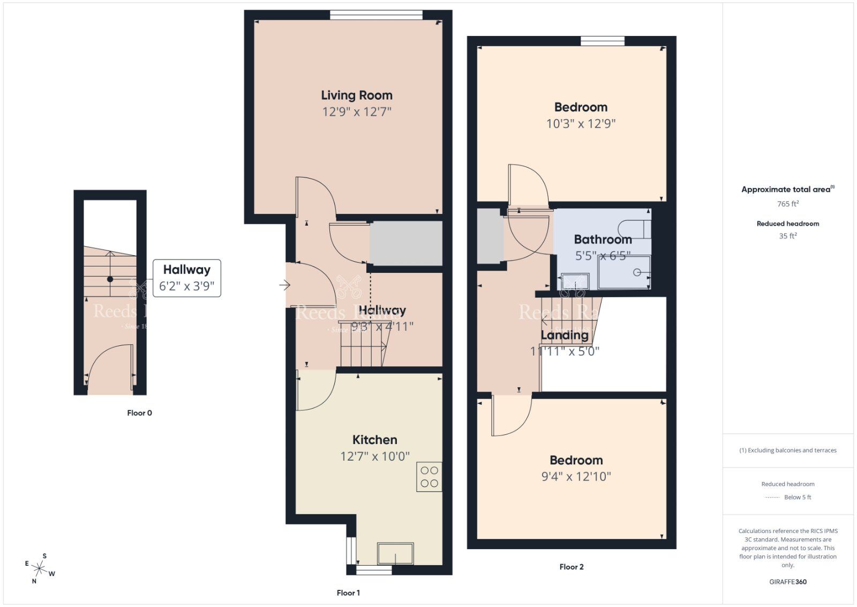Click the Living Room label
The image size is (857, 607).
click(357, 95)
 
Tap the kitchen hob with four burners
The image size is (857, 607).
click(429, 477)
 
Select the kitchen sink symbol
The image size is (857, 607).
click(395, 553)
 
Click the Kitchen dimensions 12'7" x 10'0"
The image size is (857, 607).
click(375, 456)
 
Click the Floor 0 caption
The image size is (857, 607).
click(139, 413)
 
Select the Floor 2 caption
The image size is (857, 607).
click(571, 567)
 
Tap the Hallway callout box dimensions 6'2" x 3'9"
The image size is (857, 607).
click(186, 286)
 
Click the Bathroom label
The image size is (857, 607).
click(603, 239)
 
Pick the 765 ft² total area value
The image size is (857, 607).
click(787, 204)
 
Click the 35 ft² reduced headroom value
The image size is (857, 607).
click(787, 235)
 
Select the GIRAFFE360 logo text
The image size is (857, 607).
click(787, 582)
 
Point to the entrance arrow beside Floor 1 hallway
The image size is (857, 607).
click(284, 285)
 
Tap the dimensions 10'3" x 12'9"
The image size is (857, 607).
click(581, 124)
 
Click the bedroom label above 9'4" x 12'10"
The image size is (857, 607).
click(576, 460)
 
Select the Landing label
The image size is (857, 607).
click(564, 335)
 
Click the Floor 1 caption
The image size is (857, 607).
click(348, 593)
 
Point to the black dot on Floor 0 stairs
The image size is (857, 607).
click(110, 279)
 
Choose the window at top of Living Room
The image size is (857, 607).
click(376, 15)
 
